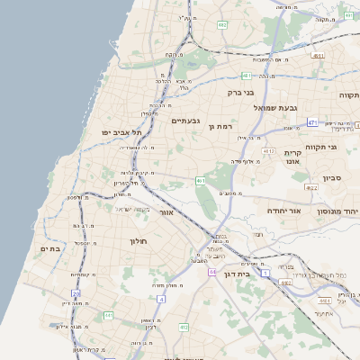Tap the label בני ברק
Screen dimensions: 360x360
(x=238, y=92)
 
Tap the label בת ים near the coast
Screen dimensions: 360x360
(x=49, y=248)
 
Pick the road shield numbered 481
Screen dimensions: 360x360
(x=245, y=76)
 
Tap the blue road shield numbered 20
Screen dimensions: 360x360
(x=76, y=293)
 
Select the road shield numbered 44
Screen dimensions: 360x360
(x=211, y=271)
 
